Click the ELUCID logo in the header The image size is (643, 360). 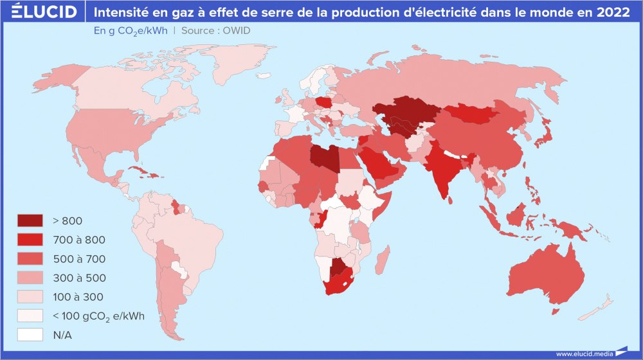[44, 12]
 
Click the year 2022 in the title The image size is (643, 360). [613, 12]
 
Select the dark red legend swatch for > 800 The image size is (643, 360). [30, 221]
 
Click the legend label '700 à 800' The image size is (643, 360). [79, 240]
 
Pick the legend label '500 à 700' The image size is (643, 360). [79, 259]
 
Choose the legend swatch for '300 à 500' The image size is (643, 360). [30, 278]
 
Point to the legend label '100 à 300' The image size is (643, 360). [78, 297]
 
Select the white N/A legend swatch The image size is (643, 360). [30, 335]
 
